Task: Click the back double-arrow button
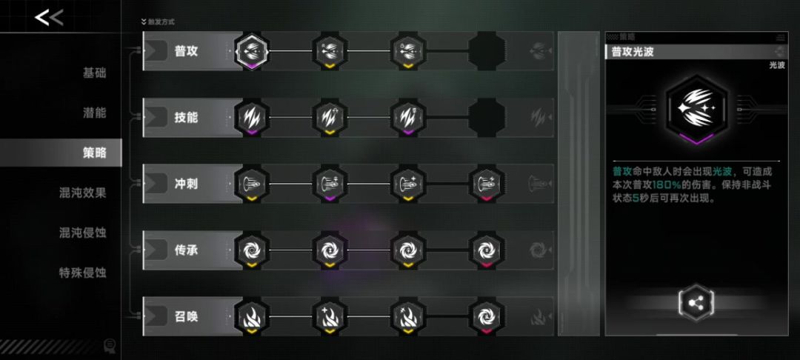[x=49, y=18]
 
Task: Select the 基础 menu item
[x=94, y=73]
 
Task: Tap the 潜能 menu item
[x=94, y=113]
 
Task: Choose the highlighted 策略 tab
[x=94, y=153]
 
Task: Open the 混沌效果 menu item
[x=83, y=193]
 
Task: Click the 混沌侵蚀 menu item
[x=83, y=233]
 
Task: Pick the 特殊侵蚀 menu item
[x=83, y=273]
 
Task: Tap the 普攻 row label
[x=186, y=52]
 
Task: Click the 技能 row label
[x=186, y=118]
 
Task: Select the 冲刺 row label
[x=186, y=184]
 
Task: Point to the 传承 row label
[x=186, y=250]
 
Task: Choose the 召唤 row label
[x=186, y=316]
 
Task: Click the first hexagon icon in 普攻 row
[x=252, y=52]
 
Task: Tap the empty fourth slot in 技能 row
[x=486, y=118]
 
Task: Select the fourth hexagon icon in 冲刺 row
[x=486, y=184]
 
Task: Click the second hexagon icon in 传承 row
[x=330, y=250]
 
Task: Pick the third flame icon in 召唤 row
[x=407, y=316]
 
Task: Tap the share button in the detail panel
[x=696, y=304]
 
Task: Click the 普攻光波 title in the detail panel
[x=633, y=52]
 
